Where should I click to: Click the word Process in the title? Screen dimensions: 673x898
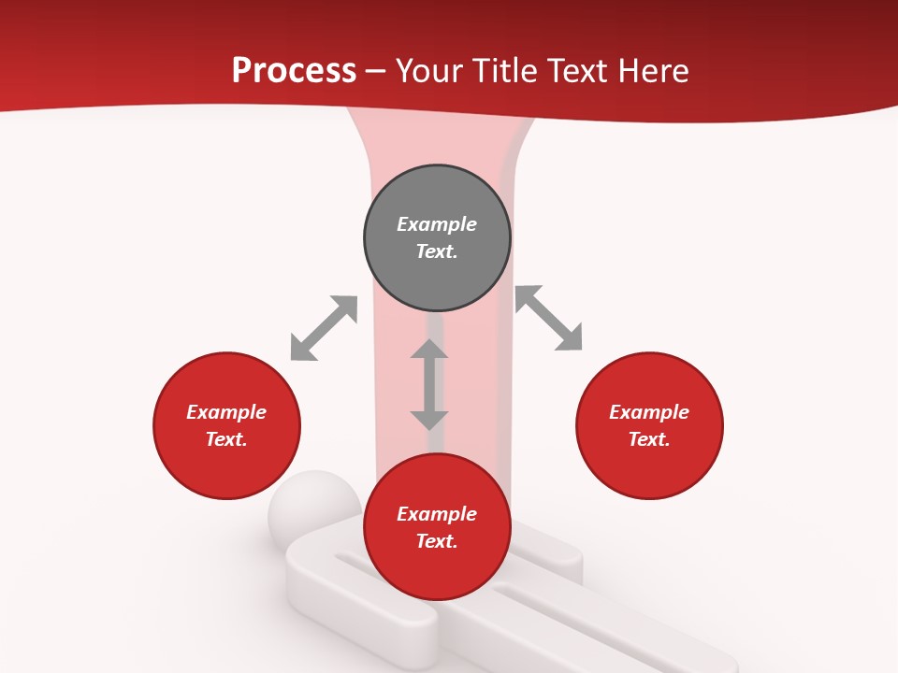294,71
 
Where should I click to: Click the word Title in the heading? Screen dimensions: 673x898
506,71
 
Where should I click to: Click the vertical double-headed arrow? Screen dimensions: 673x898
429,384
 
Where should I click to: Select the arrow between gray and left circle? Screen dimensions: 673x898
324,328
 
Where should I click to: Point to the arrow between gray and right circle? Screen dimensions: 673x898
548,318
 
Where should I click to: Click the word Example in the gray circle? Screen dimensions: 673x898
437,224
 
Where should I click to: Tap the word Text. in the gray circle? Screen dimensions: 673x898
437,251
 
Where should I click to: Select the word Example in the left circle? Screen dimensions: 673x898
226,412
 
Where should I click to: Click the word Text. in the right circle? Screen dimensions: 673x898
649,439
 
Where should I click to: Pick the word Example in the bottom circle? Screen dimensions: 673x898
437,514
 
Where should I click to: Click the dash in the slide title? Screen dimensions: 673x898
376,71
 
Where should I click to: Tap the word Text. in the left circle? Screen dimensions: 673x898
226,439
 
